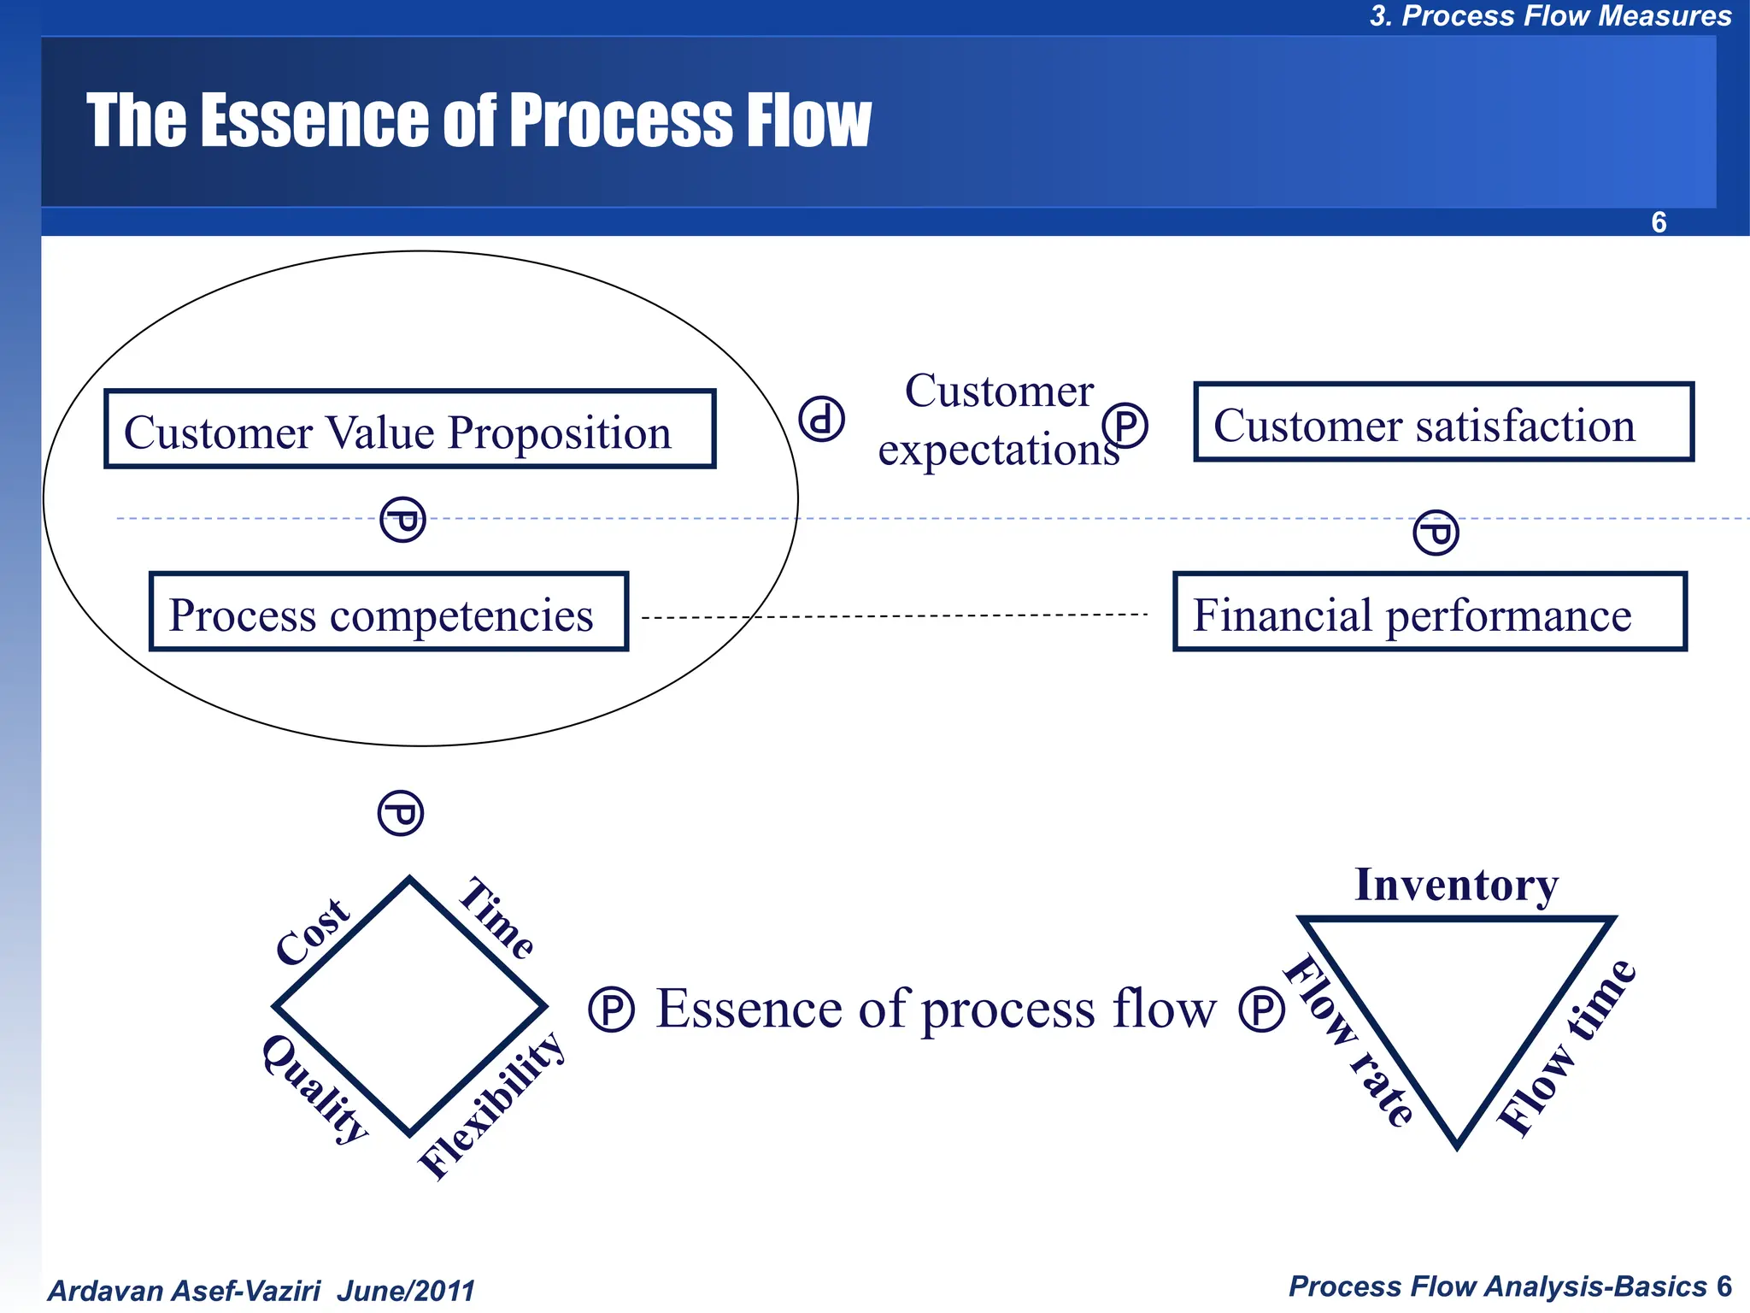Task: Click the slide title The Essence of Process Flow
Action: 479,121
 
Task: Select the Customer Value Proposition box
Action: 409,429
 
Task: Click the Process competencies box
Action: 389,612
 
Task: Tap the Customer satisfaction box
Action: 1443,422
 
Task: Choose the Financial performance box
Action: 1430,612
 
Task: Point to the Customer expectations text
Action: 998,420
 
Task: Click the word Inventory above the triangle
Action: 1456,884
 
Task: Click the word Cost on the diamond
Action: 313,931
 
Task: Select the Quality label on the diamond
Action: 314,1088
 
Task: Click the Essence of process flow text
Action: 936,1009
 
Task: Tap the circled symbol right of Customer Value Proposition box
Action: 821,419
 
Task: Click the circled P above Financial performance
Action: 1436,533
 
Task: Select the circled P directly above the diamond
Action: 401,813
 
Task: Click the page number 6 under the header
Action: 1659,222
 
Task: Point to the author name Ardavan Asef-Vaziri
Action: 185,1290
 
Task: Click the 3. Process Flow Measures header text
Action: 1550,16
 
